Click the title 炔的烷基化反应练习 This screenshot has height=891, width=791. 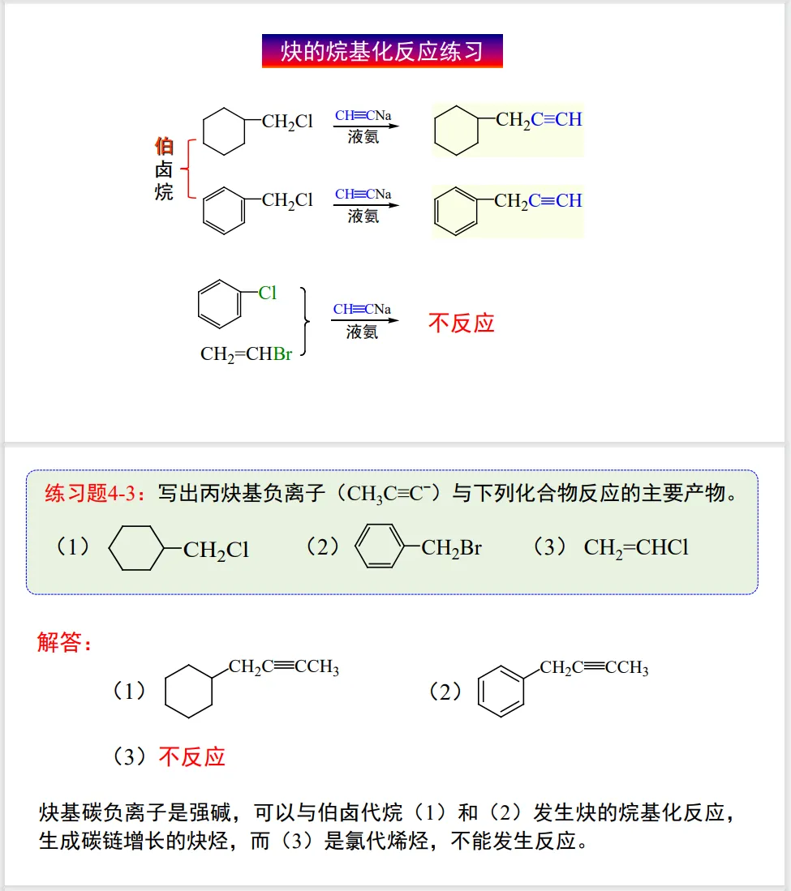(x=382, y=51)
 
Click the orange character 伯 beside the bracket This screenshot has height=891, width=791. (x=164, y=147)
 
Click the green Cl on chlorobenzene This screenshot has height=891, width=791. (x=268, y=293)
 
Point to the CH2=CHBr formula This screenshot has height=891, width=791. (x=246, y=354)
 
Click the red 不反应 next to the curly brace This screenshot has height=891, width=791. (x=461, y=323)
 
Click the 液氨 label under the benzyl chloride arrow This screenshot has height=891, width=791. (x=363, y=216)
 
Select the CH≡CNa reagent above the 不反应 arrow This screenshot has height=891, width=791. (x=362, y=310)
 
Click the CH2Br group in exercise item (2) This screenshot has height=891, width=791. (x=452, y=548)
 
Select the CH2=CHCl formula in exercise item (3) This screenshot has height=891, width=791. (x=636, y=548)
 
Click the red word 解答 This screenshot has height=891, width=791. (x=65, y=644)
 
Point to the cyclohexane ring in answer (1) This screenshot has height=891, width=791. (x=188, y=692)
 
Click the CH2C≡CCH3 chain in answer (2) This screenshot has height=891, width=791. (x=594, y=668)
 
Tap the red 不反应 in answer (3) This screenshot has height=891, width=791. (x=191, y=757)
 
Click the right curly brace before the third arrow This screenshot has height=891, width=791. (x=306, y=322)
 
